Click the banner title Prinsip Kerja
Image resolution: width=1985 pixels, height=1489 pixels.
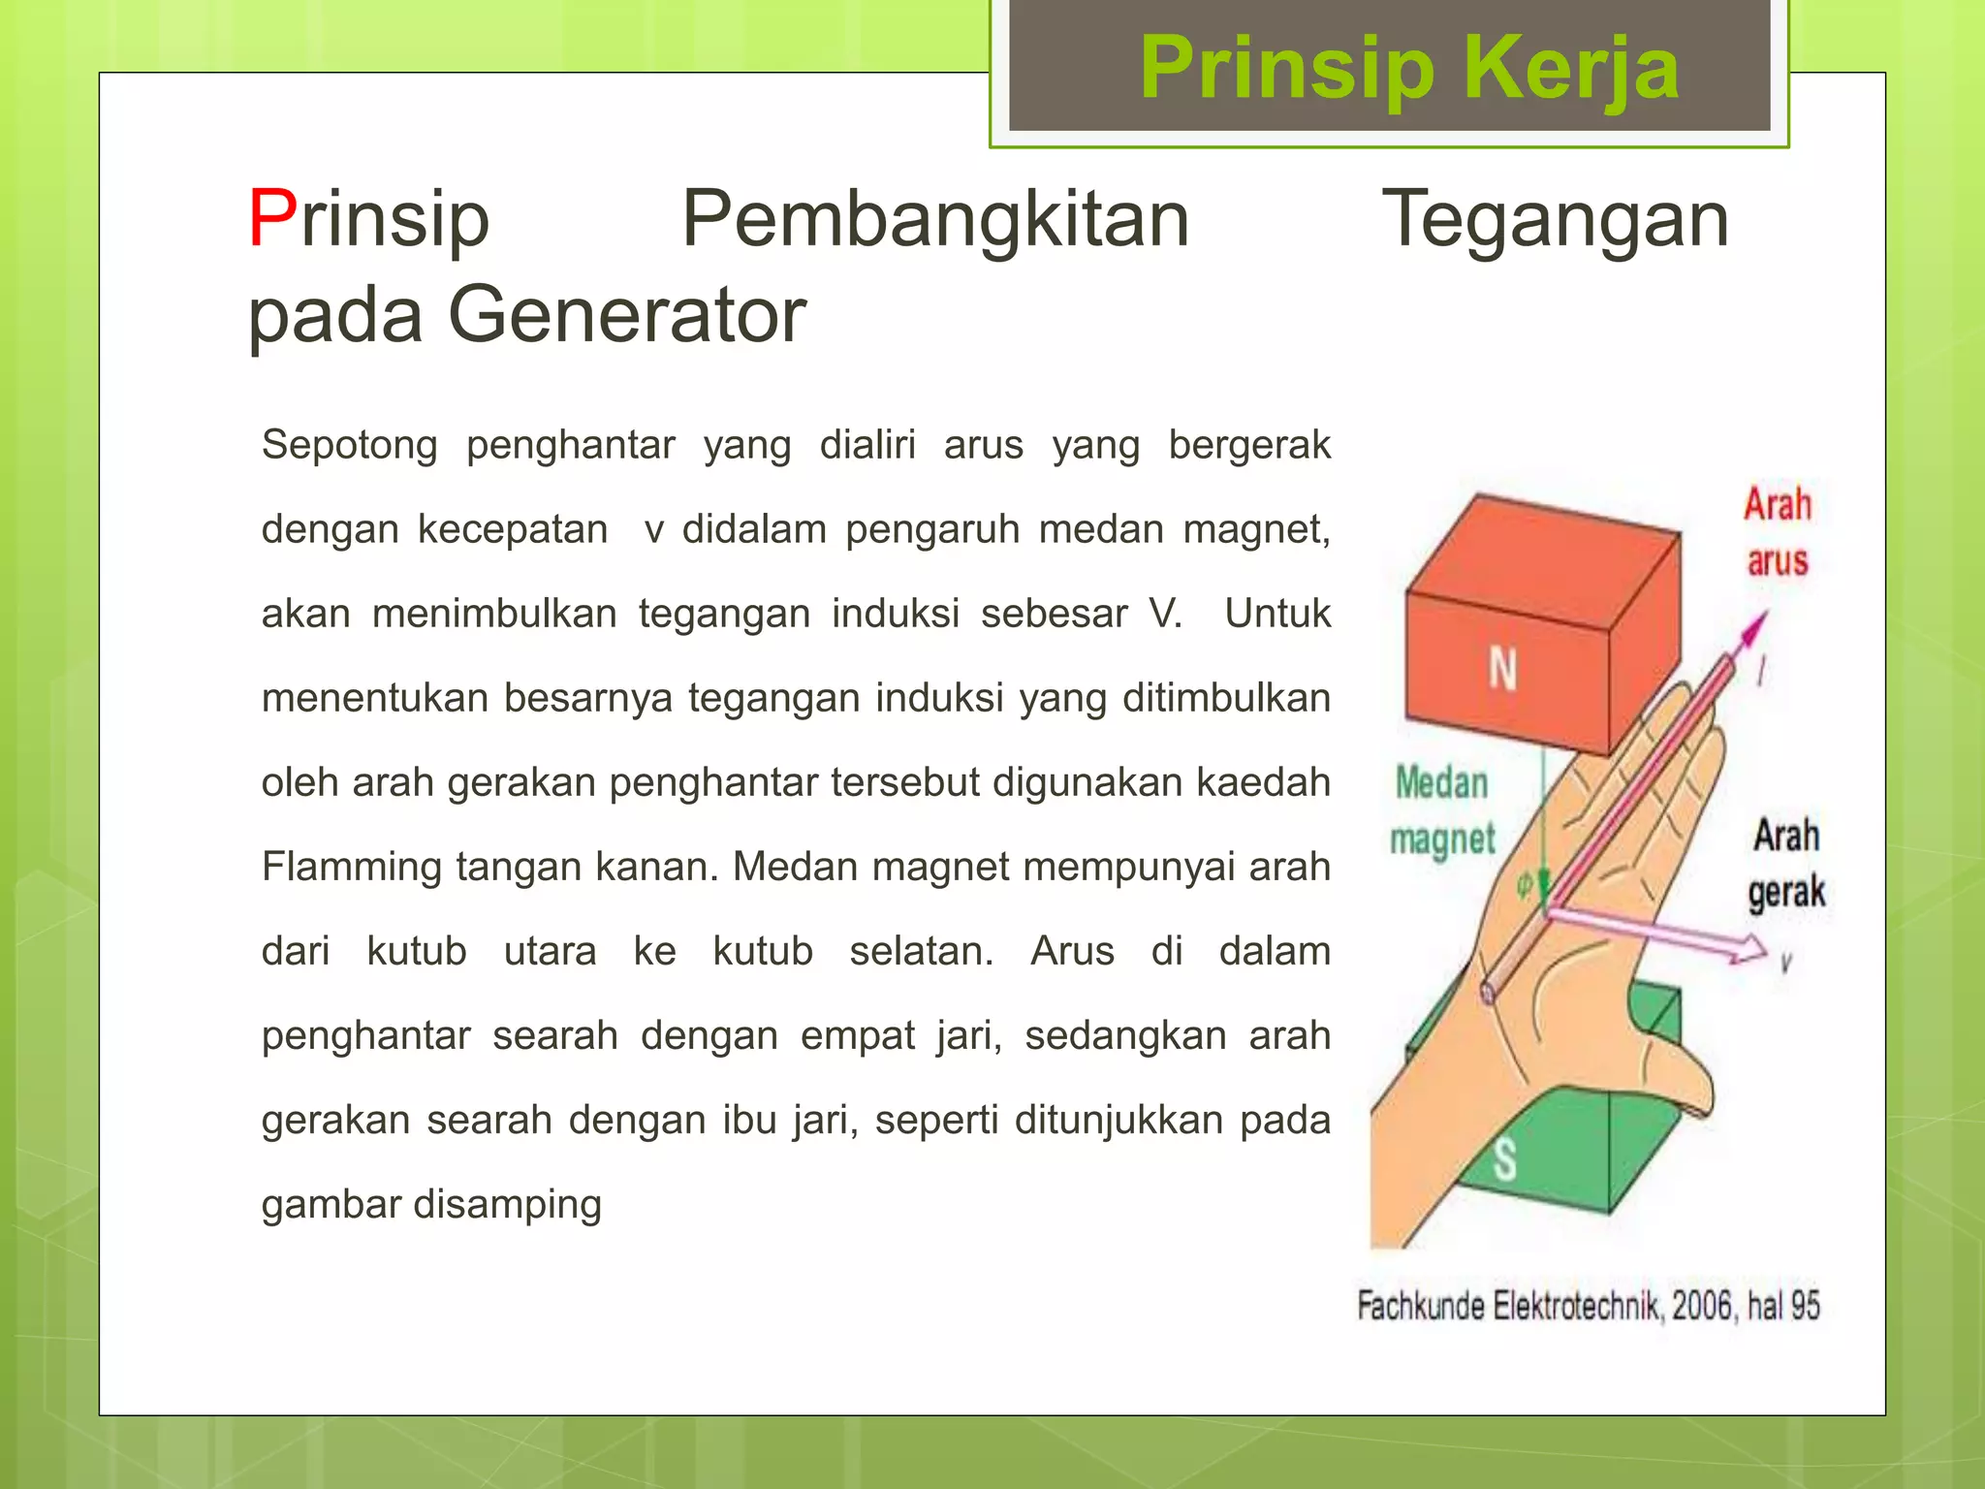(1408, 68)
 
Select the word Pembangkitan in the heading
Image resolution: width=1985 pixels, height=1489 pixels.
(934, 219)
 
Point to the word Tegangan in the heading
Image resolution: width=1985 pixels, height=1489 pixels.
(1555, 219)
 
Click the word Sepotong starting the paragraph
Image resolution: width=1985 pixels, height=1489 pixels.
(349, 445)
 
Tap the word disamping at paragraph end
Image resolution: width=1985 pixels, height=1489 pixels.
(507, 1204)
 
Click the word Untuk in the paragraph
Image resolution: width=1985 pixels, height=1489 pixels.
(1276, 614)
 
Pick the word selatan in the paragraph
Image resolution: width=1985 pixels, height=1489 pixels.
(920, 951)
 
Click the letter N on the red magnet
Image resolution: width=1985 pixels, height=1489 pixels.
(1502, 669)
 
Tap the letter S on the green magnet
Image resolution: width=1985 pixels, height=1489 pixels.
(1504, 1159)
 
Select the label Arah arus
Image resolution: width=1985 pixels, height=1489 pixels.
(1777, 532)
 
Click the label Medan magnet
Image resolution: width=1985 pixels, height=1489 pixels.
(1441, 810)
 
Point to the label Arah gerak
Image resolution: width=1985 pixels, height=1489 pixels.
(1785, 863)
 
